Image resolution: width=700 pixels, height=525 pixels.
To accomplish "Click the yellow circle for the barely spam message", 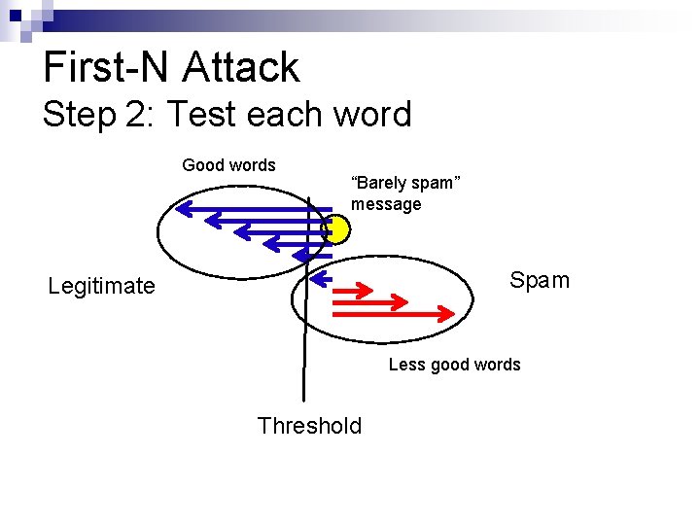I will coord(337,229).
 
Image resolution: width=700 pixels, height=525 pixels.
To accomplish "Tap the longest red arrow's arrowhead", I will coord(448,313).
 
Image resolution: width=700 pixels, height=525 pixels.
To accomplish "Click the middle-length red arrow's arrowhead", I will coord(401,301).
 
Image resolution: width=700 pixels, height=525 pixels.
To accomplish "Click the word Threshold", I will coord(309,426).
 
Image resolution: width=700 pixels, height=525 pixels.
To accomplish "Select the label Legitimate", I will coord(101,286).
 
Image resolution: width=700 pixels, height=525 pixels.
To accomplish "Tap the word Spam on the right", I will coord(540,281).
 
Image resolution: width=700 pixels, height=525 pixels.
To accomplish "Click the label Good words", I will coord(229,165).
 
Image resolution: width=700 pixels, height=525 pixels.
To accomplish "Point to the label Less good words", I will coord(454,365).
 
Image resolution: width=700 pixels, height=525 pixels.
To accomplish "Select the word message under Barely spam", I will coord(386,204).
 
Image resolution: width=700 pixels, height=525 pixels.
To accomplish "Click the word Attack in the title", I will coord(241,68).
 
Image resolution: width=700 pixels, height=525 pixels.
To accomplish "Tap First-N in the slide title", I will coord(106,68).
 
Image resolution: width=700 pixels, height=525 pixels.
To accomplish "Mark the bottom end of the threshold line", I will coord(304,399).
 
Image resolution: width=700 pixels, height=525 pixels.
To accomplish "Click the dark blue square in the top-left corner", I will coord(15,15).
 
